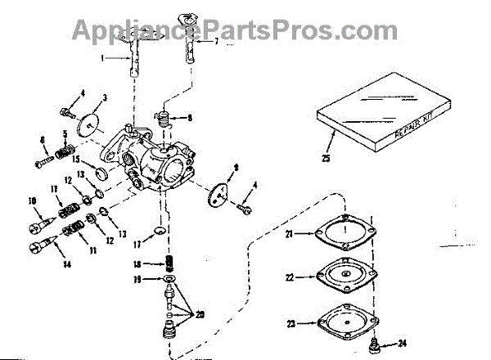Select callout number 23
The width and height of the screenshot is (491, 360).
291,323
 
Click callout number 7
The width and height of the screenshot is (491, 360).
216,41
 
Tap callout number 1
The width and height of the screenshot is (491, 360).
104,59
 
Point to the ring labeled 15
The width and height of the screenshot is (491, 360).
103,174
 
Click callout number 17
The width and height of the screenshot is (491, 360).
138,243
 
